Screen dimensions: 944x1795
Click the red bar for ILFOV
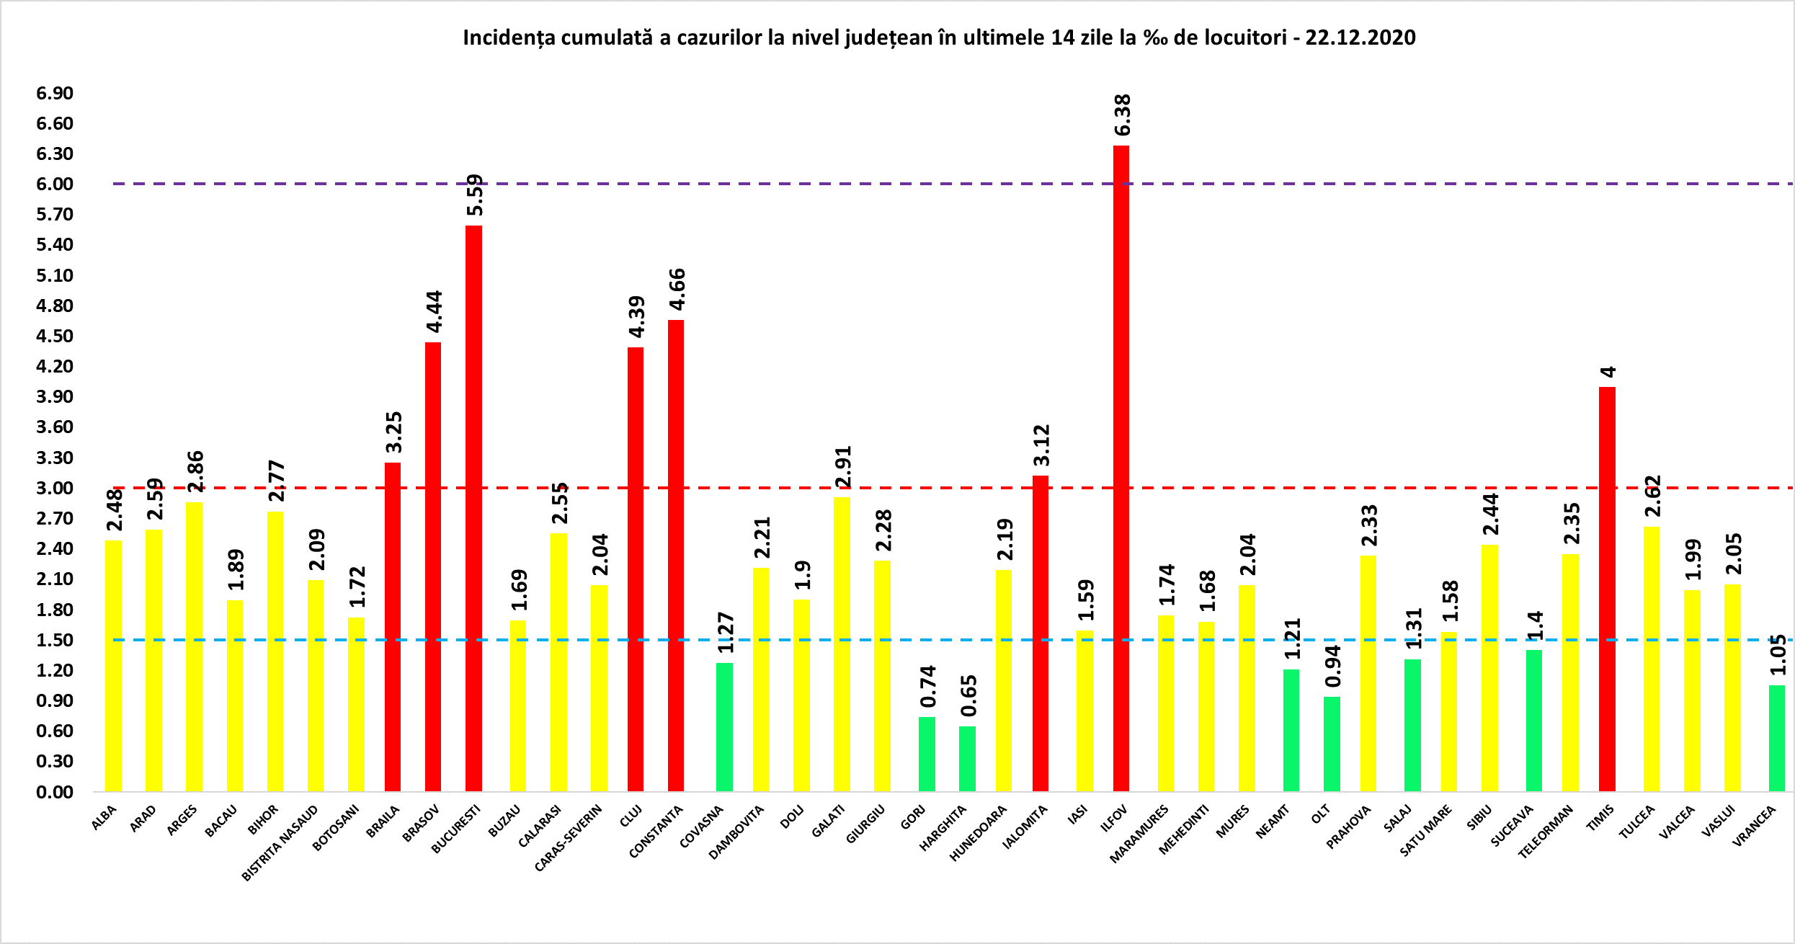coord(1121,468)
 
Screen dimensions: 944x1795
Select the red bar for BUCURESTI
coord(473,508)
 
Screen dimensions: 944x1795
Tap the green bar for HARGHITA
coord(967,758)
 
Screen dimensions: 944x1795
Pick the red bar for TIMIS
coord(1607,589)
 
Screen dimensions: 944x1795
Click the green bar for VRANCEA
coord(1777,738)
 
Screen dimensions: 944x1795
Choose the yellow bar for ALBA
coord(113,665)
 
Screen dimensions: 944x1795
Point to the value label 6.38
coord(1123,115)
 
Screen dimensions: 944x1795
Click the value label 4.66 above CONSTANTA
coord(677,289)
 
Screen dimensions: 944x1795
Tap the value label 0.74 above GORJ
coord(928,686)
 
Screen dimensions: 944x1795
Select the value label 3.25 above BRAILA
coord(393,432)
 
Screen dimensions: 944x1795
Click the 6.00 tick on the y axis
coord(55,184)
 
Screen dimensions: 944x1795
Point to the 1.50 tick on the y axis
coord(55,640)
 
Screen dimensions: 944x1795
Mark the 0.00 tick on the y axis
coord(55,792)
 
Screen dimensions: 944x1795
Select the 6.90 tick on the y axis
coord(55,93)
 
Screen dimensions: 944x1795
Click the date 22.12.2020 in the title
coord(1360,37)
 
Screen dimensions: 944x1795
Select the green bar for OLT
coord(1332,744)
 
